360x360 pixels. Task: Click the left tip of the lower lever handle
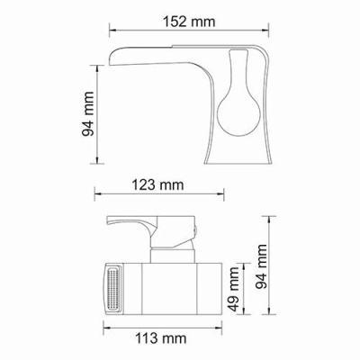pos(109,220)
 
